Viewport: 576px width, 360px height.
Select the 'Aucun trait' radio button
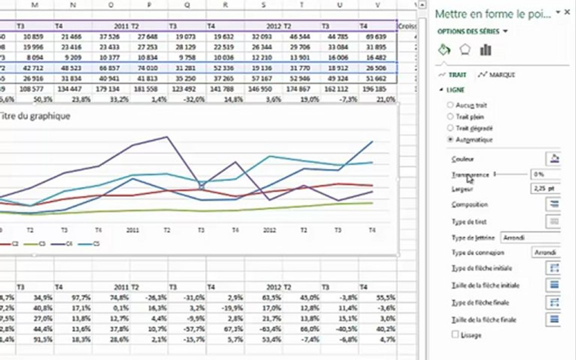[450, 105]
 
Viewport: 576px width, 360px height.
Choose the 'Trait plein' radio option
[450, 116]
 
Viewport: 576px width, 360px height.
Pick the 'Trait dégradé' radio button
[450, 128]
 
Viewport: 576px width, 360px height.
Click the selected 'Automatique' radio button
[450, 139]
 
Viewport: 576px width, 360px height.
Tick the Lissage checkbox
[455, 334]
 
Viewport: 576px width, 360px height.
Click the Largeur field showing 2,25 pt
[545, 188]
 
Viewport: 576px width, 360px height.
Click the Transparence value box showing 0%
[545, 174]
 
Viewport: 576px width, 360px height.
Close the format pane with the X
[567, 12]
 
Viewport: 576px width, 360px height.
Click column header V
[377, 4]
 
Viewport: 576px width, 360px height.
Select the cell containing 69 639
[377, 36]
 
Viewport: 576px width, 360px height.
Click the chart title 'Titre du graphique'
[35, 115]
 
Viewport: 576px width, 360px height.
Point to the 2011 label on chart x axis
[132, 230]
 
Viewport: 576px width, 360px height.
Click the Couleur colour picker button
[553, 159]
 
